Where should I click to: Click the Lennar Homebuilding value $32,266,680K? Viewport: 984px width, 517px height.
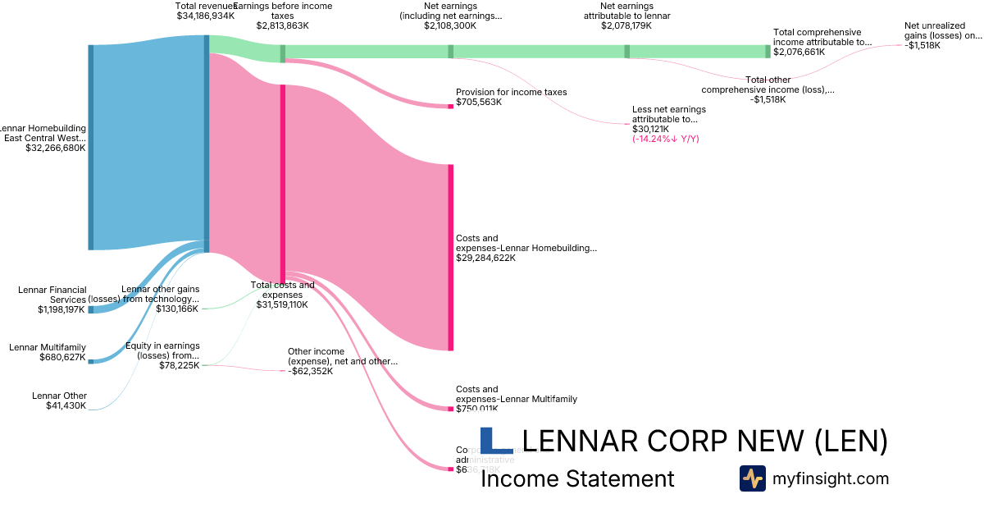pos(55,149)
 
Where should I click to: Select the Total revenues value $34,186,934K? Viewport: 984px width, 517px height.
pos(206,16)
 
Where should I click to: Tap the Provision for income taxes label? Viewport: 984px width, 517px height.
pos(511,92)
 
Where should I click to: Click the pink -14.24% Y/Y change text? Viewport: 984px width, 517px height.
pos(665,140)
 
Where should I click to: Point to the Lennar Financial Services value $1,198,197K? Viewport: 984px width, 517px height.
pos(61,309)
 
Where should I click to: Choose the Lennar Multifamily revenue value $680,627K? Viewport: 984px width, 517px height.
pos(62,357)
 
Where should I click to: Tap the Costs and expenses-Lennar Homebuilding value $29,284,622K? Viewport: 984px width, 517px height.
pos(485,258)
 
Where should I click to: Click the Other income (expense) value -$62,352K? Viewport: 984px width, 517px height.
pos(311,371)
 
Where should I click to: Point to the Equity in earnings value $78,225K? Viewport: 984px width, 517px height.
pos(179,365)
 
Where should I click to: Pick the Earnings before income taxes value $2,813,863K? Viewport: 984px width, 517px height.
pos(282,25)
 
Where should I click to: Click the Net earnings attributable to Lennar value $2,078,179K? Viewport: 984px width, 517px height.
pos(626,25)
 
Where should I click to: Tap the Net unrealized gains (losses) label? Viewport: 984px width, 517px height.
pos(942,30)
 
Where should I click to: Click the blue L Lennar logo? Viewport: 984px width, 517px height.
pos(495,440)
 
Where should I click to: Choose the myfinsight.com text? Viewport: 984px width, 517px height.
pos(831,478)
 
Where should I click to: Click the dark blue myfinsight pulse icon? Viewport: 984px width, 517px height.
pos(752,478)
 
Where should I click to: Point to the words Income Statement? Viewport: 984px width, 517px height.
pos(576,478)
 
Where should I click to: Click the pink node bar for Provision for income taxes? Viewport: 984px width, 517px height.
pos(450,106)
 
